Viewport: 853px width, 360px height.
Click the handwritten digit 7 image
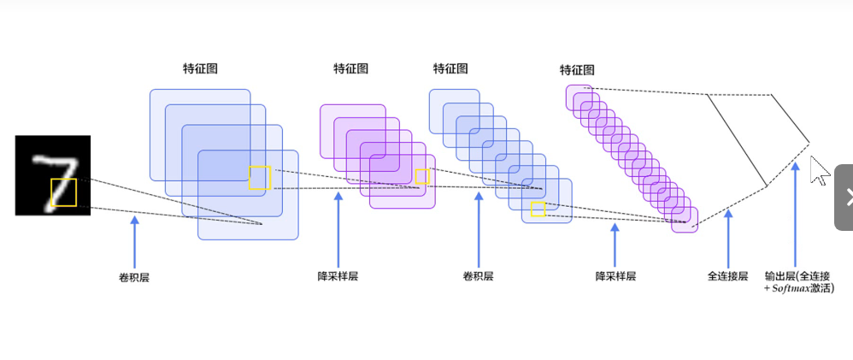[x=52, y=174]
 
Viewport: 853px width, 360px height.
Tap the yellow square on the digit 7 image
[x=64, y=192]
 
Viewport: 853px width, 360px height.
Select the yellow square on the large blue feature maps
[x=260, y=178]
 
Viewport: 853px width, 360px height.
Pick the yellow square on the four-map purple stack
[x=421, y=176]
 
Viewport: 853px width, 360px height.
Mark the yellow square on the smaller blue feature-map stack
[x=538, y=209]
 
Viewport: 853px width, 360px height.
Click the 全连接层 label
[x=727, y=276]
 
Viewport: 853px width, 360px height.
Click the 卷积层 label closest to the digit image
[x=133, y=277]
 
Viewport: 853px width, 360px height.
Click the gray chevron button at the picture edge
[x=844, y=197]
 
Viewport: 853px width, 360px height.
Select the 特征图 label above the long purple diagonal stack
[x=577, y=69]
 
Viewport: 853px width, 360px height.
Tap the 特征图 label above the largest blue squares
[x=200, y=68]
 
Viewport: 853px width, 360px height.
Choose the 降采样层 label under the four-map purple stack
[x=338, y=276]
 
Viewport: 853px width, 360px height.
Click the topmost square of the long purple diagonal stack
[x=578, y=97]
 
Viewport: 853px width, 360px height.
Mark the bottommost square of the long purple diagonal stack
[x=685, y=220]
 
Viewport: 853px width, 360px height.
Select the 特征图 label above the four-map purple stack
[x=350, y=68]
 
